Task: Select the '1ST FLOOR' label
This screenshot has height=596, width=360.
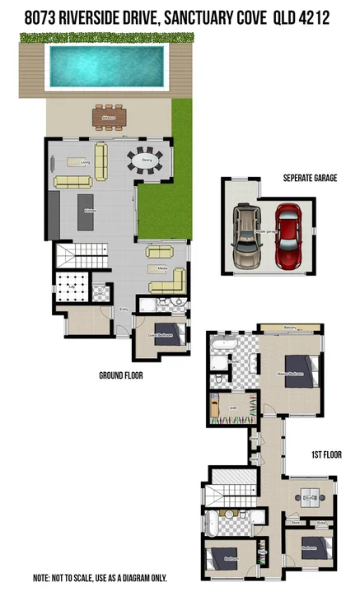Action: tap(327, 454)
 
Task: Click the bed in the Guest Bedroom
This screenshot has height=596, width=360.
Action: tap(167, 333)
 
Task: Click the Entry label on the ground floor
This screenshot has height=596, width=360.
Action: tap(124, 310)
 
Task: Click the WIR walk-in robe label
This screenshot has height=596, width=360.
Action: tap(233, 407)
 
